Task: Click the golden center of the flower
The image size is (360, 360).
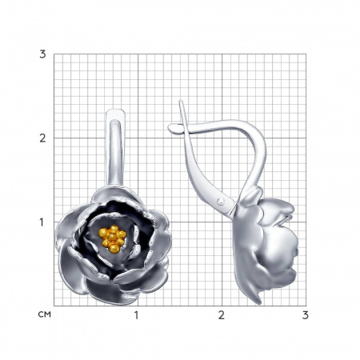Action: pyautogui.click(x=112, y=238)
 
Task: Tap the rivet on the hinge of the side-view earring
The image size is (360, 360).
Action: pyautogui.click(x=221, y=202)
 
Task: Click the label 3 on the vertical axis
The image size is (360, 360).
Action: pyautogui.click(x=42, y=54)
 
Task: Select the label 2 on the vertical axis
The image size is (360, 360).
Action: pyautogui.click(x=42, y=138)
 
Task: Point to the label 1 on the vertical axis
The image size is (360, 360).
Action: pyautogui.click(x=42, y=222)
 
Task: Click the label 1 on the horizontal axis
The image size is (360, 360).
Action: pyautogui.click(x=137, y=315)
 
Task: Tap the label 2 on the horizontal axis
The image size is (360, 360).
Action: pyautogui.click(x=222, y=315)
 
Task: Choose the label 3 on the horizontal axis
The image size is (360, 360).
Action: pyautogui.click(x=306, y=315)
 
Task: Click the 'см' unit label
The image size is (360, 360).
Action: pyautogui.click(x=44, y=314)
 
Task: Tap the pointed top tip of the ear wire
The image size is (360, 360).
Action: pyautogui.click(x=181, y=101)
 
